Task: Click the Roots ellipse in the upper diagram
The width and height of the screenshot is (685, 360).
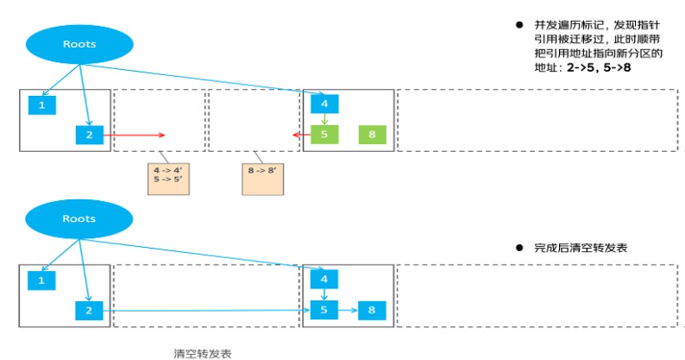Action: [x=79, y=43]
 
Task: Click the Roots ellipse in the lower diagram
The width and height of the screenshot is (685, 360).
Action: [x=79, y=219]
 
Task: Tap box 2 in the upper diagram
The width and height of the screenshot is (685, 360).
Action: [x=88, y=135]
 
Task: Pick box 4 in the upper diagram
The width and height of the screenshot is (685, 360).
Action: [x=324, y=104]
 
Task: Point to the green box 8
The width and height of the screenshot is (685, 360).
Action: [x=372, y=135]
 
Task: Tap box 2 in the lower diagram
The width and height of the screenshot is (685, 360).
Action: [x=88, y=310]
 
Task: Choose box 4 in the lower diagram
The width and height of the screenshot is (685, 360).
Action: [x=324, y=280]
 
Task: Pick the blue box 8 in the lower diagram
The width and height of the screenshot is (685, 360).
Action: [x=372, y=310]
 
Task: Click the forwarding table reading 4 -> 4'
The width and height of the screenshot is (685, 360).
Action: [x=169, y=175]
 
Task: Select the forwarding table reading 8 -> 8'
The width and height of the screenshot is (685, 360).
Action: [x=263, y=175]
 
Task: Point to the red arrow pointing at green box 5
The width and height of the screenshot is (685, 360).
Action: [x=301, y=135]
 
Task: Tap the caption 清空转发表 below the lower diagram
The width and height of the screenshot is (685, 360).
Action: [x=203, y=353]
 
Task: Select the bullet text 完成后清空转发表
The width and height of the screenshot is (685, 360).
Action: [x=580, y=247]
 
